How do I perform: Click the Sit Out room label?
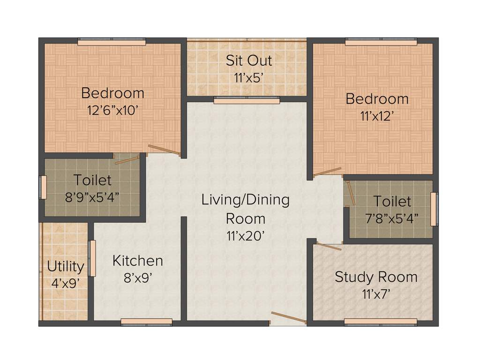(248, 60)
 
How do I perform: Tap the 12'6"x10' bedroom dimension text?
(112, 111)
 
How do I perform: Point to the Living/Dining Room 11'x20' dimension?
(246, 236)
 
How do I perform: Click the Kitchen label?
(138, 261)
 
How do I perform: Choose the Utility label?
(66, 266)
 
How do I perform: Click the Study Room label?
(376, 277)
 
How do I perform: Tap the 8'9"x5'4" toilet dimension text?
(92, 196)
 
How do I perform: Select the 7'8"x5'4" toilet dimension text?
(392, 218)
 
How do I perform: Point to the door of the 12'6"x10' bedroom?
(164, 150)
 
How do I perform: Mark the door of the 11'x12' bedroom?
(327, 172)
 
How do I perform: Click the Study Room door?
(329, 246)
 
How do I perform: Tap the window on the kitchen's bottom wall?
(146, 322)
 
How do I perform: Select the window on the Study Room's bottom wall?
(381, 322)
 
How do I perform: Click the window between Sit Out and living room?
(247, 100)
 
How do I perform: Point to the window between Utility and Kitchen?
(92, 258)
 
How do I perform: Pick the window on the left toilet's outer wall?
(43, 187)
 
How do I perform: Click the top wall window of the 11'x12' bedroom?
(381, 42)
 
